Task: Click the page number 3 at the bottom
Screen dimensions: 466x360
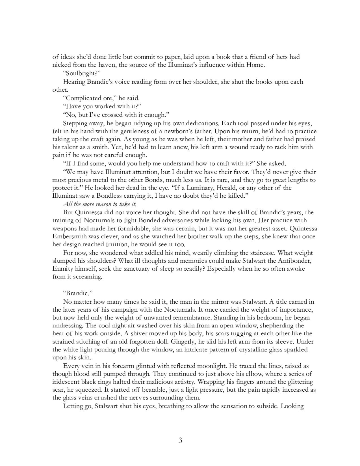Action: tap(180, 440)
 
